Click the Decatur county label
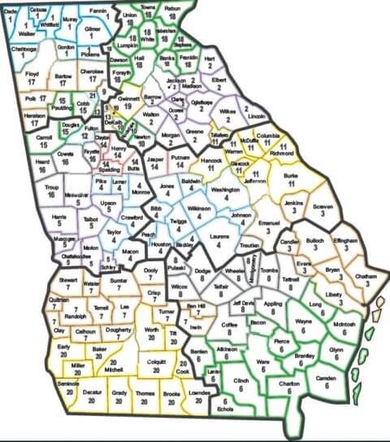coord(92,392)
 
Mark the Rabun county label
coord(172,7)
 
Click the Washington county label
coord(224,190)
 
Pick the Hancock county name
coord(210,161)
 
